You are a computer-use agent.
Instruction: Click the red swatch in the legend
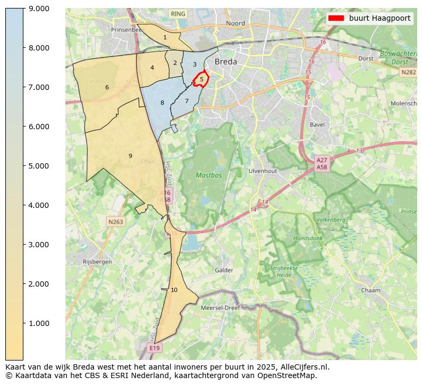tap(336, 18)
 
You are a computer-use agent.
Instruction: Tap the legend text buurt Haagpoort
tap(379, 18)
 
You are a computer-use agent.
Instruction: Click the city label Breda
tap(225, 62)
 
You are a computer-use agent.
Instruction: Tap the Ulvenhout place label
tap(263, 171)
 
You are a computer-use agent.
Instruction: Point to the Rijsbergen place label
tap(97, 262)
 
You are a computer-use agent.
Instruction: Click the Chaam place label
tap(370, 290)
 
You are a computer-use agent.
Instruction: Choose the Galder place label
tap(224, 270)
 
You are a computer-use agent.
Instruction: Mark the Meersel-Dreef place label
tap(220, 307)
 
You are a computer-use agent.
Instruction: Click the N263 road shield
tap(115, 222)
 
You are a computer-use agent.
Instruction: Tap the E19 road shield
tap(154, 348)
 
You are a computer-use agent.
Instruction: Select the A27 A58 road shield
tap(322, 163)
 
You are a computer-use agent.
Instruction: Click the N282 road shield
tap(408, 72)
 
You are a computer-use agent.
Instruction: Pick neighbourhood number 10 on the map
tap(174, 290)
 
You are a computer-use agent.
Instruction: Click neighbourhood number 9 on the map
tap(130, 156)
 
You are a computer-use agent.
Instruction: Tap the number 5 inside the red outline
tap(201, 79)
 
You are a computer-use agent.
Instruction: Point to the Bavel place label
tap(317, 125)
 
